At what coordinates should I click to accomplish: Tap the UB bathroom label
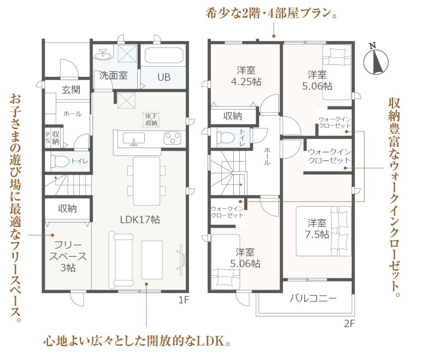coord(164,77)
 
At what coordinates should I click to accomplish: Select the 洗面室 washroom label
coord(113,75)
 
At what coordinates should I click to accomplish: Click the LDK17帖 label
coord(140,219)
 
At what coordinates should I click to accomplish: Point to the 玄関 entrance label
coord(71,90)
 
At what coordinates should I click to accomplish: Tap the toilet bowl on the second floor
coord(226,138)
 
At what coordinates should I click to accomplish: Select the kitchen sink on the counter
coord(134,139)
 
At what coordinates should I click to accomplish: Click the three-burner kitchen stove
coord(172,138)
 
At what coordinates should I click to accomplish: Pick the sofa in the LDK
coord(121,260)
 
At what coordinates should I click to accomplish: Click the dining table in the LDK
coord(147,181)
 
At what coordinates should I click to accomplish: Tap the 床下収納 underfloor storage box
coord(151,119)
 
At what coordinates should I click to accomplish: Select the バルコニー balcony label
coord(313,298)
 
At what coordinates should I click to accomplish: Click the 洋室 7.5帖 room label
coord(317,229)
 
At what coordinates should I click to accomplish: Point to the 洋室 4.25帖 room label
coord(246,76)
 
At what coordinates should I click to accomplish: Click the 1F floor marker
coord(184,300)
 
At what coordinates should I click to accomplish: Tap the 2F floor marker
coord(349,323)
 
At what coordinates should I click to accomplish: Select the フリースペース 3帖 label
coord(67,256)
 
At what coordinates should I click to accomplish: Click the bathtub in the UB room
coord(163,55)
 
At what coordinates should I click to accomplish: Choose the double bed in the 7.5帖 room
coord(323,231)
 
